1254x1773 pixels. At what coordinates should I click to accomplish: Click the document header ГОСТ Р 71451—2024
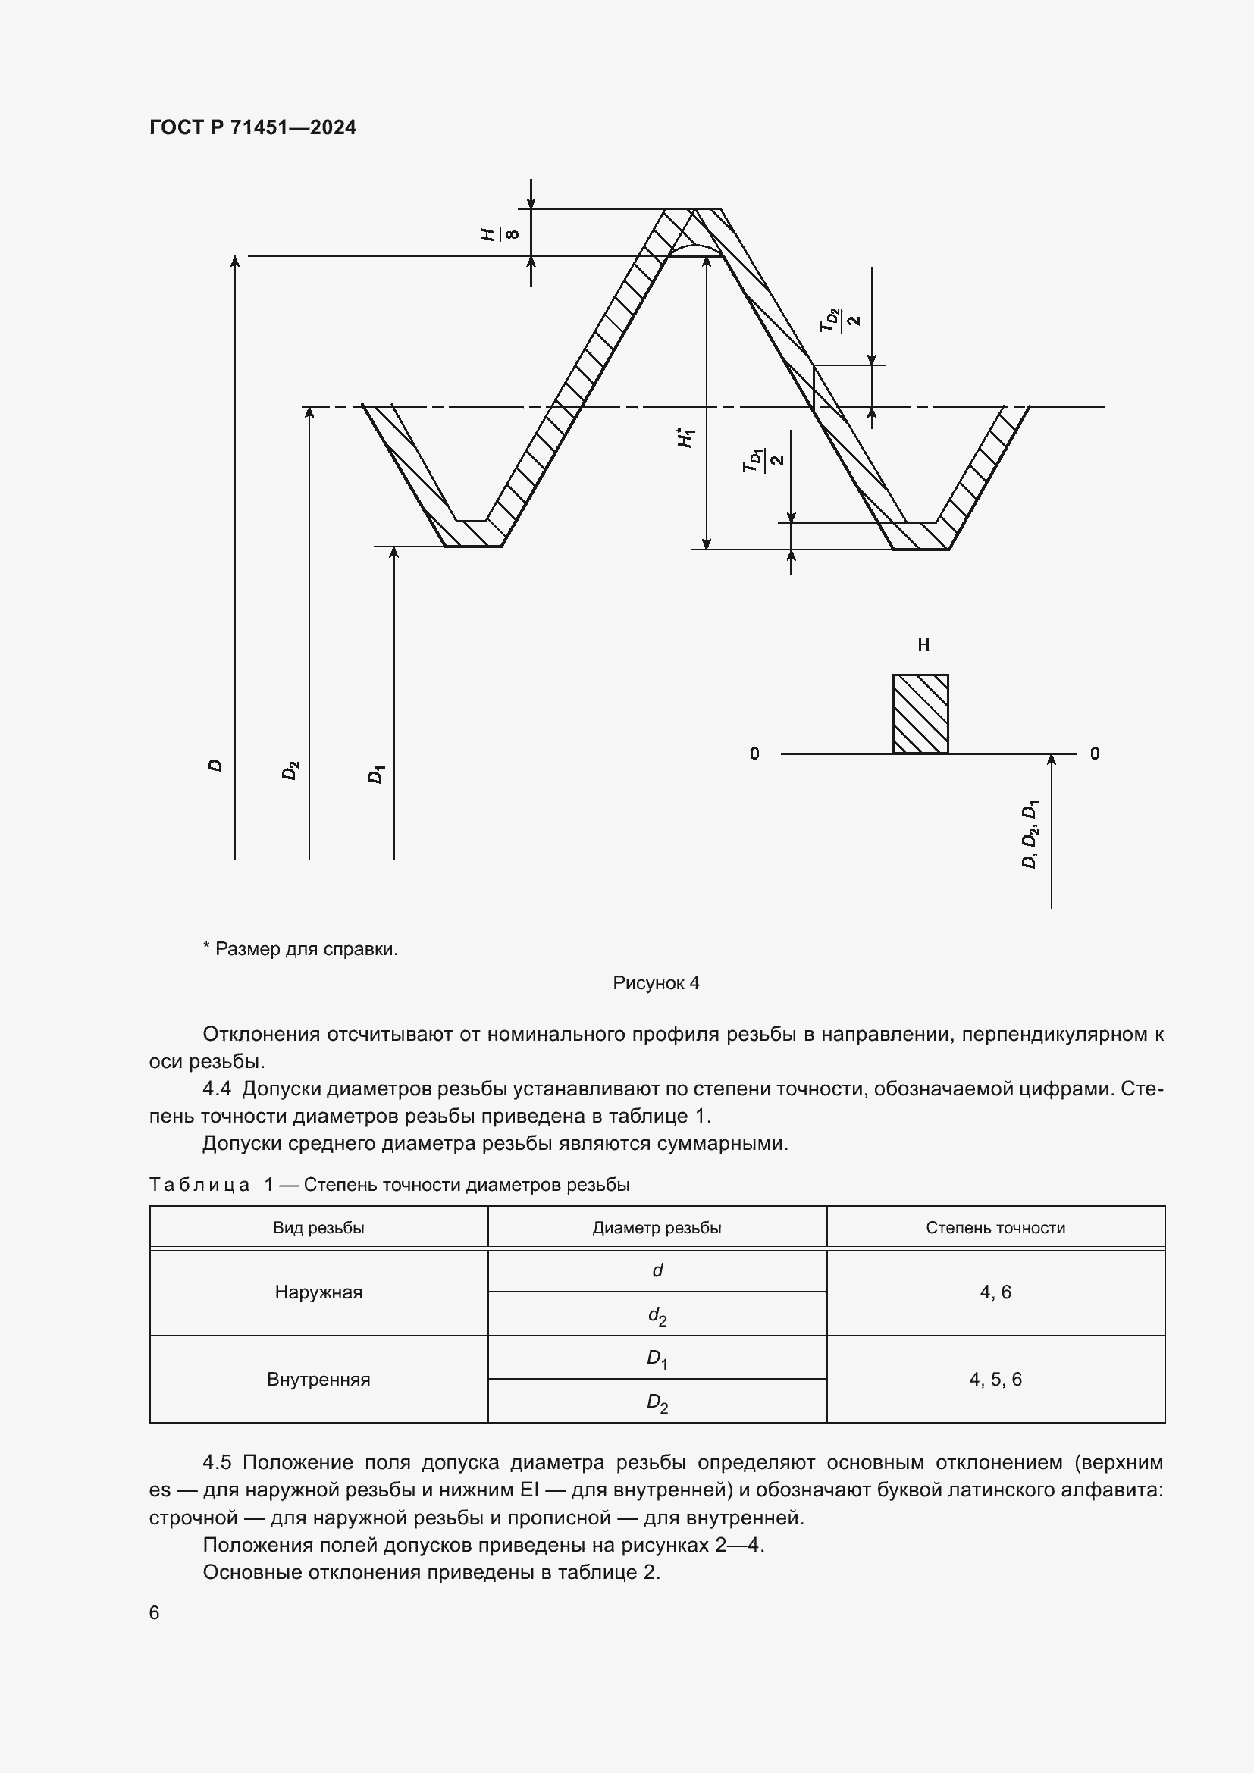click(252, 127)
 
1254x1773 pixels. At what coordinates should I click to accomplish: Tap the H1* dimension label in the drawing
click(685, 438)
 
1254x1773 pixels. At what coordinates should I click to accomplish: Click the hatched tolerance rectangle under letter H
click(920, 713)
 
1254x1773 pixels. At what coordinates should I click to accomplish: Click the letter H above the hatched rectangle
click(923, 645)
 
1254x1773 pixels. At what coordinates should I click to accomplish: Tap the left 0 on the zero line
click(754, 753)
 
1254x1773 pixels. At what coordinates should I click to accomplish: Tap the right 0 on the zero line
click(1095, 753)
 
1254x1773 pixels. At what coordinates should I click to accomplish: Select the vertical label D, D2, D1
click(1030, 834)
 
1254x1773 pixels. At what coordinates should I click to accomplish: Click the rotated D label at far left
click(216, 766)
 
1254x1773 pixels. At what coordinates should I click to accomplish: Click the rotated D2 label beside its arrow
click(290, 770)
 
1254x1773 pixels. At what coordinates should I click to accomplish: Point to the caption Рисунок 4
click(656, 982)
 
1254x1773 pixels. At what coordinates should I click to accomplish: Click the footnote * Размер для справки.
click(300, 949)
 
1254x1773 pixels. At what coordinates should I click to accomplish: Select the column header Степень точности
click(995, 1228)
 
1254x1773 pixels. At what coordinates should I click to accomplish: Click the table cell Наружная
click(318, 1292)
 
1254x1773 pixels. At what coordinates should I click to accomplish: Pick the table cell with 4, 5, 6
click(995, 1379)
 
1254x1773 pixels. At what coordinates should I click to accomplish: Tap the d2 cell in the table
click(657, 1315)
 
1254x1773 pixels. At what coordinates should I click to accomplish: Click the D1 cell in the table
click(657, 1358)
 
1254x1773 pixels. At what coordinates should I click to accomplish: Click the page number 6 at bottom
click(155, 1612)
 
